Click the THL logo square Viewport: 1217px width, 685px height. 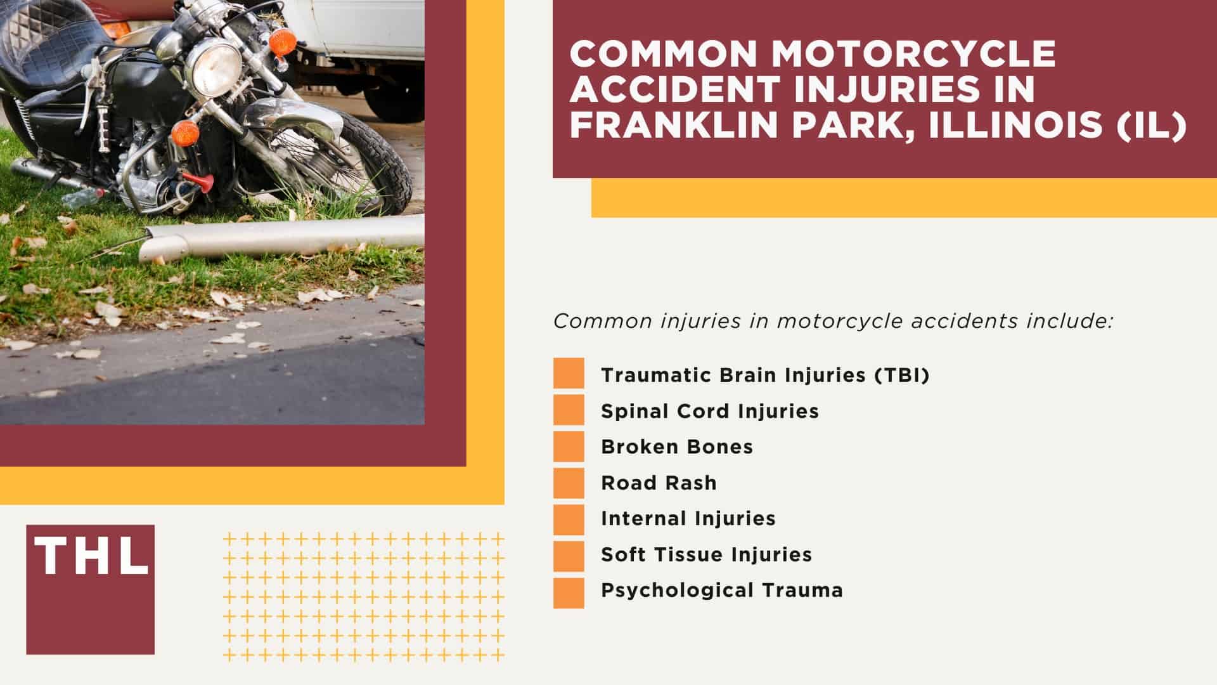pyautogui.click(x=90, y=589)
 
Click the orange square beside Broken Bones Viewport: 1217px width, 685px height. pyautogui.click(x=569, y=447)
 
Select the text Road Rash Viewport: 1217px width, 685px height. pyautogui.click(x=659, y=483)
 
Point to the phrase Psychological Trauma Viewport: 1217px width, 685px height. pyautogui.click(x=722, y=590)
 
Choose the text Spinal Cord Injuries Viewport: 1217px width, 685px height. pyautogui.click(x=710, y=411)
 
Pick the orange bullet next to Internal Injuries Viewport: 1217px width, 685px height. pyautogui.click(x=569, y=519)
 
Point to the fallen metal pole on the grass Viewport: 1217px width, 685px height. pyautogui.click(x=279, y=235)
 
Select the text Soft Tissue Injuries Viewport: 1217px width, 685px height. pyautogui.click(x=706, y=554)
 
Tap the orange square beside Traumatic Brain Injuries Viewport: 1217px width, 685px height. pyautogui.click(x=569, y=374)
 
